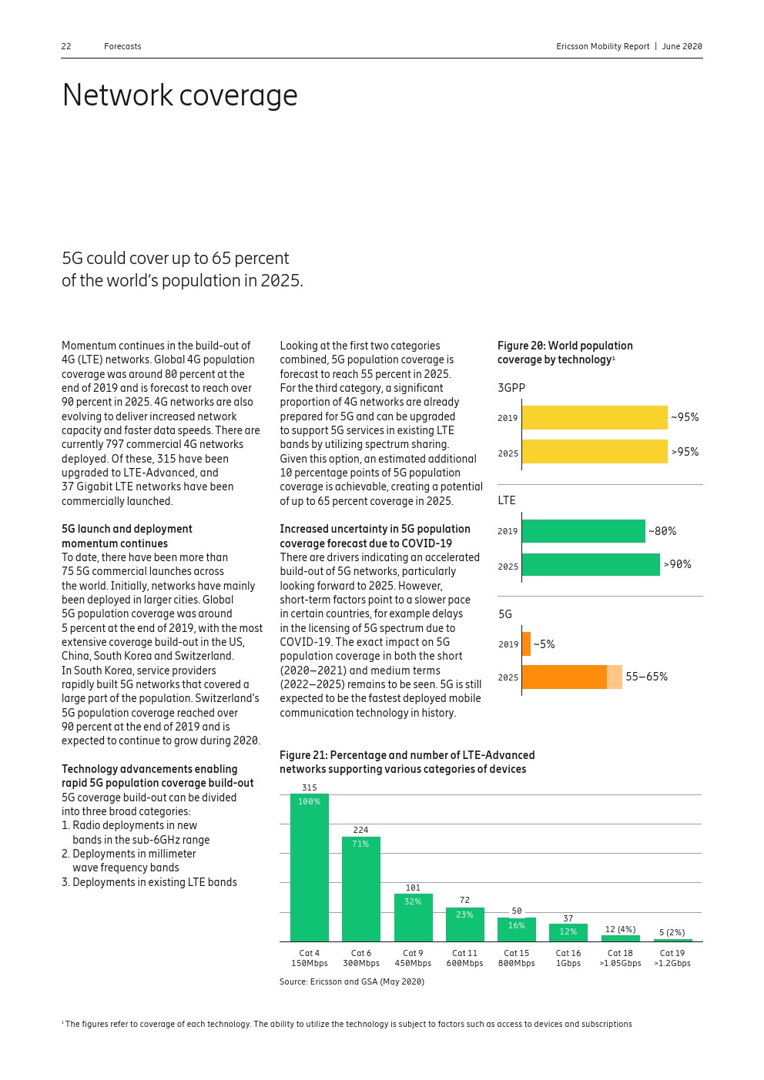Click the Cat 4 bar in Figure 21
pos(309,868)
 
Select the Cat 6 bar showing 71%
pos(360,889)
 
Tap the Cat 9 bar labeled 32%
pos(413,918)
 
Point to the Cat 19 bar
pos(672,940)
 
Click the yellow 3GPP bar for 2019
pos(594,418)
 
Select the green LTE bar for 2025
pos(590,565)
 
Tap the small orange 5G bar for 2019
pos(526,644)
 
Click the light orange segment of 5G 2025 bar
pos(614,677)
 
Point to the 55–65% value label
pos(646,677)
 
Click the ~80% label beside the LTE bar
pos(662,531)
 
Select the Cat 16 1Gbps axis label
pos(568,958)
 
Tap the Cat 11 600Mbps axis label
pos(464,958)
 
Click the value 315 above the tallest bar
pos(309,787)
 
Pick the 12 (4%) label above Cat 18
pos(620,929)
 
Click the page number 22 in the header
pos(66,46)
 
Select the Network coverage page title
pos(179,95)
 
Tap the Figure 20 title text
pos(565,353)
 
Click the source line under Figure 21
pos(351,981)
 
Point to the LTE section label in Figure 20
pos(506,500)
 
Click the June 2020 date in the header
pos(682,46)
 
